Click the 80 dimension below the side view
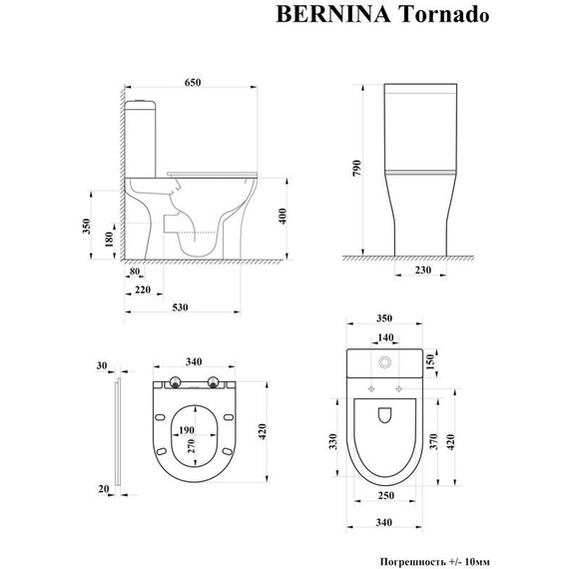click(135, 270)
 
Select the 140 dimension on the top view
click(384, 338)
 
